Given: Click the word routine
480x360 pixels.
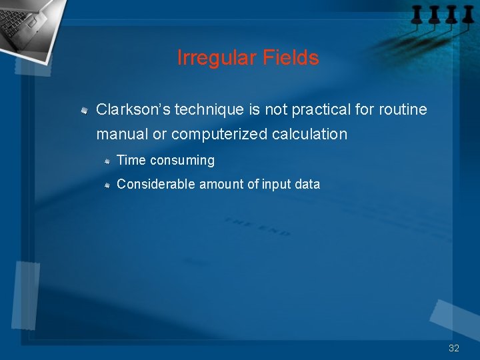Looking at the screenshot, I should click(x=403, y=109).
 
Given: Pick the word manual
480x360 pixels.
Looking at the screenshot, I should click(x=122, y=134).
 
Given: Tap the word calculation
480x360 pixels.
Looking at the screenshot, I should click(x=310, y=134).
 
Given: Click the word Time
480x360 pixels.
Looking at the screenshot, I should click(x=131, y=161).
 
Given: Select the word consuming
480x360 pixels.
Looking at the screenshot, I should click(x=183, y=161).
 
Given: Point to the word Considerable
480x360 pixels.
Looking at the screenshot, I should click(x=155, y=184).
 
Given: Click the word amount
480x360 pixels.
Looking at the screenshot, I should click(x=222, y=184).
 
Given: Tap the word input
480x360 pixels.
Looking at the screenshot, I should click(x=276, y=185).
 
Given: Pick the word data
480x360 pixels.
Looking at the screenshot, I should click(x=307, y=184).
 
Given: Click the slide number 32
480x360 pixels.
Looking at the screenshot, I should click(x=454, y=348).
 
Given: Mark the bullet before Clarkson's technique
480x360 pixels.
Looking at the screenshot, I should click(x=85, y=109).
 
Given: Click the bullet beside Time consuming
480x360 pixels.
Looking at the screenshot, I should click(x=107, y=161).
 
